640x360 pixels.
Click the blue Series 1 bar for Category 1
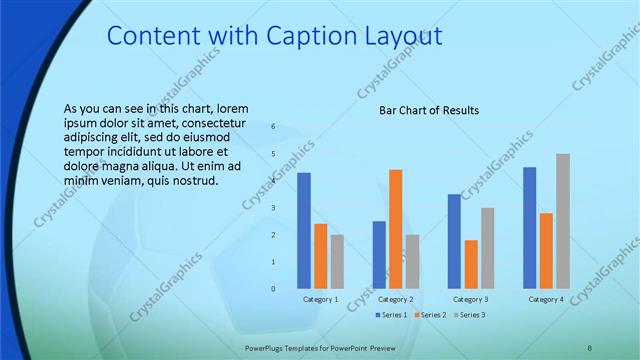coord(304,231)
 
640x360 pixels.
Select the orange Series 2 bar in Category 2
coord(395,229)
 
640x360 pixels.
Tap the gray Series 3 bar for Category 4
coord(562,221)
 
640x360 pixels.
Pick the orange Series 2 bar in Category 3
coord(471,264)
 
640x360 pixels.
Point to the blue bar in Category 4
coord(529,228)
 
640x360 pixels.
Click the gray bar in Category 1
coord(337,262)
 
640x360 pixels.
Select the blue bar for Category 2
coord(379,255)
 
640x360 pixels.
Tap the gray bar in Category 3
coord(487,248)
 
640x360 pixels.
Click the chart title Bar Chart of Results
coord(428,110)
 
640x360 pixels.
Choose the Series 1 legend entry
coord(391,316)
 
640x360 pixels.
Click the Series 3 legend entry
coord(469,316)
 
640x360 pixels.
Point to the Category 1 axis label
coord(320,300)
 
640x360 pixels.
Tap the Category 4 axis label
coord(546,300)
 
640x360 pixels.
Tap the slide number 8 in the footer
coord(590,346)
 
